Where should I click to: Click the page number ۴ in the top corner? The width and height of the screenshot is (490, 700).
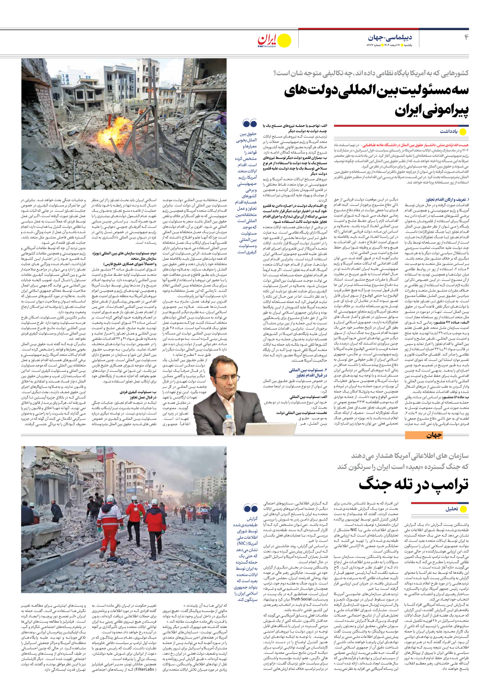pyautogui.click(x=466, y=37)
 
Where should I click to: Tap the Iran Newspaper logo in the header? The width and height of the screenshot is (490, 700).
pyautogui.click(x=267, y=40)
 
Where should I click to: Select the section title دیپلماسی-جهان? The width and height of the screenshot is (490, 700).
pyautogui.click(x=390, y=38)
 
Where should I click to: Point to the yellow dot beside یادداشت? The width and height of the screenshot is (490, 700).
pyautogui.click(x=463, y=132)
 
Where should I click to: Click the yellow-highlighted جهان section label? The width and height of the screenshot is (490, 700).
pyautogui.click(x=434, y=435)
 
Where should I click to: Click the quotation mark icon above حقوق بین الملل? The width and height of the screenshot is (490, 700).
pyautogui.click(x=250, y=124)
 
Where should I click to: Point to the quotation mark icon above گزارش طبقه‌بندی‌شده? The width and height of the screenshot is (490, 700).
pyautogui.click(x=250, y=509)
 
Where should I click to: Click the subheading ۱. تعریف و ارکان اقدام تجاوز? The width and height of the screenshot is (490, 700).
pyautogui.click(x=447, y=200)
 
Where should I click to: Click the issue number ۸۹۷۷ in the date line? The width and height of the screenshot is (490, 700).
pyautogui.click(x=371, y=45)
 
